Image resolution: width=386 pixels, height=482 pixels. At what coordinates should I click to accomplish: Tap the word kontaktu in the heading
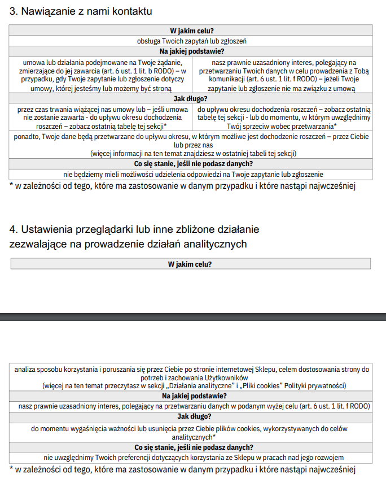(x=133, y=12)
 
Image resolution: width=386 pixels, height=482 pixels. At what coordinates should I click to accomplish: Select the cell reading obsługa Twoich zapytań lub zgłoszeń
(x=191, y=41)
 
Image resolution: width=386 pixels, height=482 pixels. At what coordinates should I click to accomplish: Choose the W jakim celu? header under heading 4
(x=191, y=264)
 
